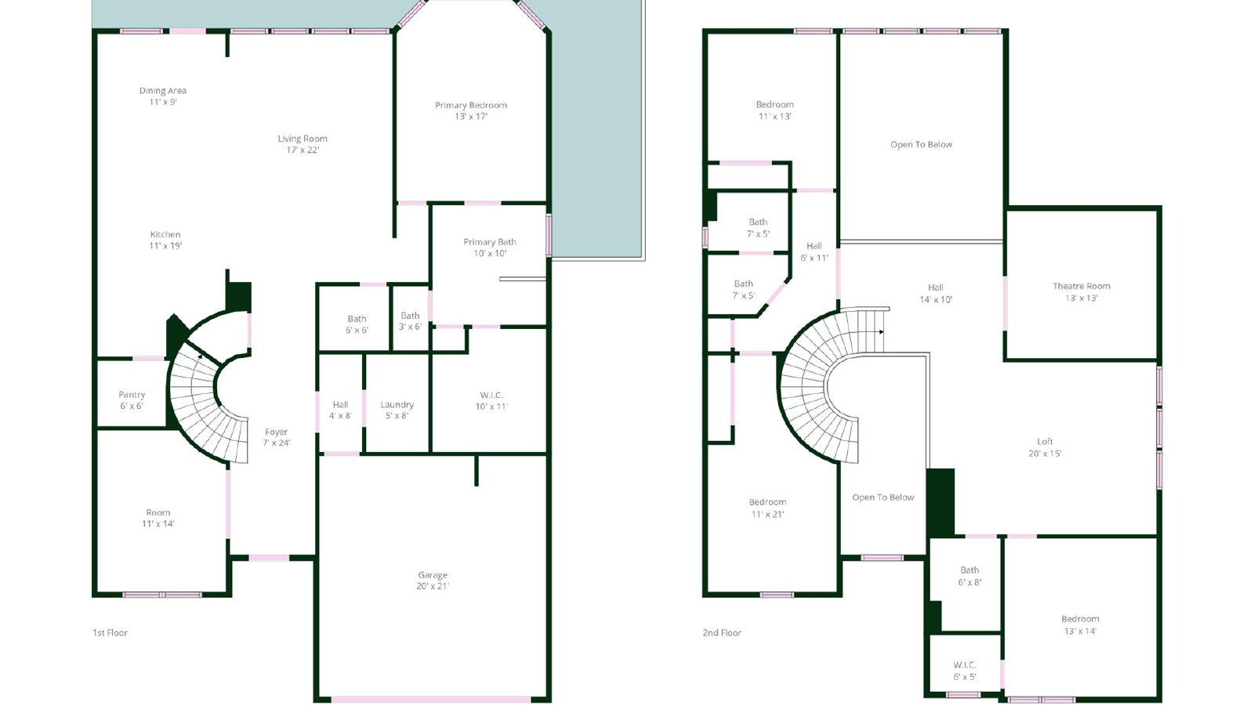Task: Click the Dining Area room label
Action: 163,91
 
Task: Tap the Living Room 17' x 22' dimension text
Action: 303,150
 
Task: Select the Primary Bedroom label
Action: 471,105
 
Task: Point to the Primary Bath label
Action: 490,242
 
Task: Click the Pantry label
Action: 132,395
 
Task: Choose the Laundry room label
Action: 397,404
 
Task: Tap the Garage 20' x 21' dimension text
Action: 433,586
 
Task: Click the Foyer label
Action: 277,432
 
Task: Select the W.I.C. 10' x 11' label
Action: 491,400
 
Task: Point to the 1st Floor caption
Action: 111,633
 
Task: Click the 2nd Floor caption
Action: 722,633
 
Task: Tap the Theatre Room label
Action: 1082,286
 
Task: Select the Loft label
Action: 1046,442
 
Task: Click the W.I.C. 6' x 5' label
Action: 965,671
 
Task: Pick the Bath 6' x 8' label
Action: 969,577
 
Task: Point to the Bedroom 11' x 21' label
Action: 767,508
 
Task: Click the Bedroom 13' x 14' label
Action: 1081,625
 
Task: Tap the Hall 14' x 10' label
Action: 936,294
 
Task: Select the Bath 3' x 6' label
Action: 410,321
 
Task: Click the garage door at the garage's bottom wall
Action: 431,700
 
